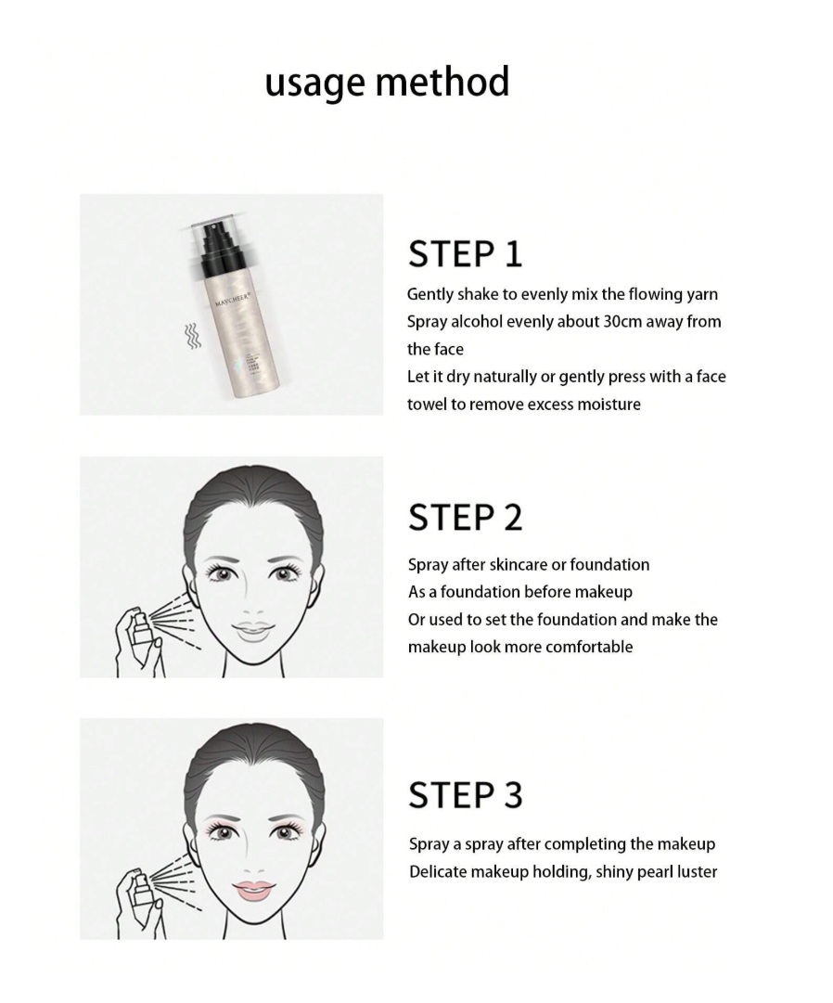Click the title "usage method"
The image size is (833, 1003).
tap(387, 82)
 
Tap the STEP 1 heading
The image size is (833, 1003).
tap(465, 254)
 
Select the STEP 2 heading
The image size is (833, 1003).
tap(465, 518)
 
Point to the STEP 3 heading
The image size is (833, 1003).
tap(465, 795)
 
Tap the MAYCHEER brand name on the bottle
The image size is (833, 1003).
tap(236, 302)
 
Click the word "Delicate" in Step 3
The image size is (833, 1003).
tap(439, 871)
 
